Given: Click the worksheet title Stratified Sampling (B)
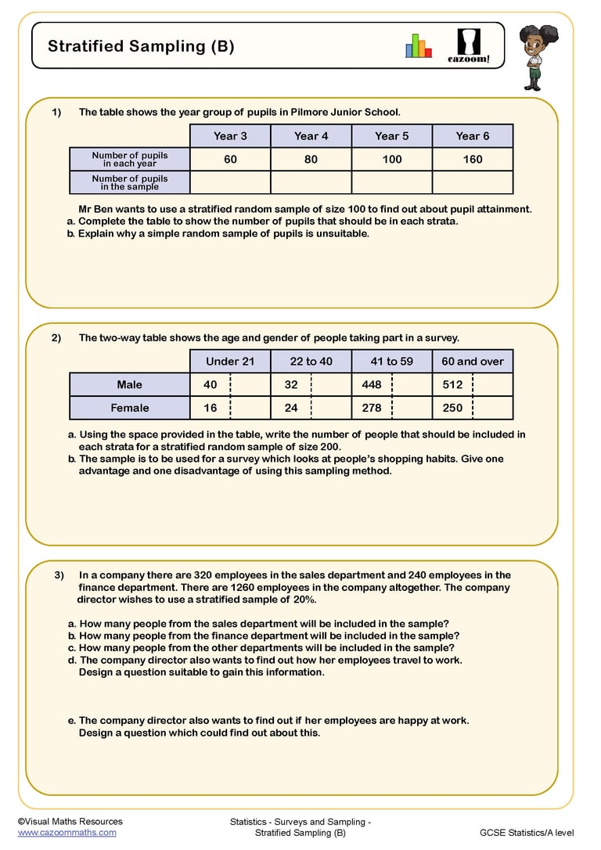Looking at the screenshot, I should click(x=141, y=46).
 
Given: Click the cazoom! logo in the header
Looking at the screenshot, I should click(x=473, y=45).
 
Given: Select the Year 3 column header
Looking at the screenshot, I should click(x=230, y=136).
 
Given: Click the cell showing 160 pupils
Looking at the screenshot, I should click(x=473, y=159).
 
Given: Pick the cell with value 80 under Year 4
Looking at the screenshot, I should click(x=311, y=159).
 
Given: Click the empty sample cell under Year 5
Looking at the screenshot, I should click(x=391, y=182).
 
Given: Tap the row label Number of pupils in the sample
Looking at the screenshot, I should click(x=130, y=182).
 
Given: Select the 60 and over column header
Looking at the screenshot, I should click(x=473, y=362).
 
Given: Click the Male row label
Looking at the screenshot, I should click(x=130, y=384).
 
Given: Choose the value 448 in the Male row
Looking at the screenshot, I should click(x=372, y=384).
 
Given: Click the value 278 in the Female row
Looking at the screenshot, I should click(x=372, y=408).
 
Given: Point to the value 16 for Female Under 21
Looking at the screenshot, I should click(x=210, y=408).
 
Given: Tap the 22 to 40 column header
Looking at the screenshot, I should click(x=311, y=362).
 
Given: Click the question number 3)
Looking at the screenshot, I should click(x=59, y=575).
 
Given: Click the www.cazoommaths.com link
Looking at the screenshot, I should click(x=67, y=833).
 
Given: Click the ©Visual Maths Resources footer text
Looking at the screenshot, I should click(x=70, y=821).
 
